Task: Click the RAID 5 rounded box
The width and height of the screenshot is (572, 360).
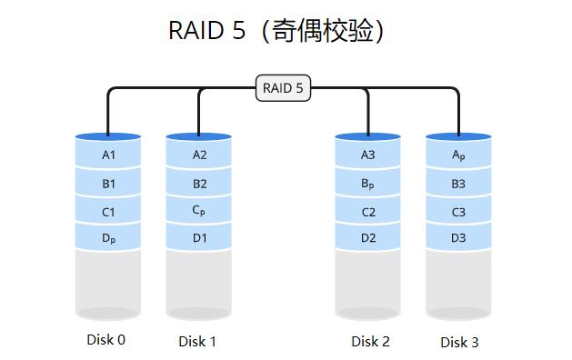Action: [283, 88]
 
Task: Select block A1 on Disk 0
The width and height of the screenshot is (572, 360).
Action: [108, 155]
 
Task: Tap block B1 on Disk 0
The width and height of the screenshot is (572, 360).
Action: [108, 184]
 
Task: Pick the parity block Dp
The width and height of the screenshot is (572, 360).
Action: [108, 239]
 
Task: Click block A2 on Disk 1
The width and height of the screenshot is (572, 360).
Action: [199, 155]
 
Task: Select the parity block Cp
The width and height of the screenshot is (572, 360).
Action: [199, 211]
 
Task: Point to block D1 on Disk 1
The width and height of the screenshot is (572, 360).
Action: [199, 239]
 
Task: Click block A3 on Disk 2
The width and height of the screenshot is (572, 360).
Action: [368, 155]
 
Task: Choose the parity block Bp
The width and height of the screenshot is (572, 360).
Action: [368, 184]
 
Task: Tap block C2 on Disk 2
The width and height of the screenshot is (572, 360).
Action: [368, 212]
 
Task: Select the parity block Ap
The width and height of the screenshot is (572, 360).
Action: [459, 155]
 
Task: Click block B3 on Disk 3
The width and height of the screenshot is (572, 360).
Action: [459, 184]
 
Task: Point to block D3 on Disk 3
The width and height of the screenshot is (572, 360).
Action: [459, 239]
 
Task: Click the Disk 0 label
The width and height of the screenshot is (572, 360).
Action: [106, 340]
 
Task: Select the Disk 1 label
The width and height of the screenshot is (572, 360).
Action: [197, 342]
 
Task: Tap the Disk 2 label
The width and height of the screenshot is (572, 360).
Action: [370, 341]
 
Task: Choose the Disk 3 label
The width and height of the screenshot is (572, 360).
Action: [459, 343]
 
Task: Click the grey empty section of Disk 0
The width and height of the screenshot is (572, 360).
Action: [108, 282]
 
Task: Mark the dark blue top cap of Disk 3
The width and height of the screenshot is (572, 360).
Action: [459, 136]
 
